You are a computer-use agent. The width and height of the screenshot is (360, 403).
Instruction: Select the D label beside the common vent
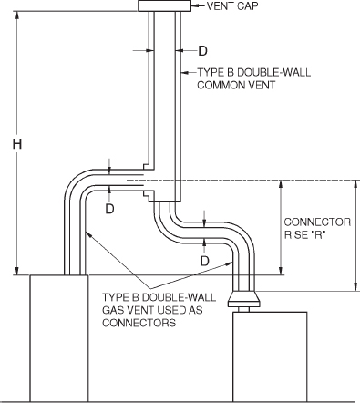coord(202,49)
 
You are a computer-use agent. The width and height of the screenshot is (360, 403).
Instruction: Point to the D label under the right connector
coord(205,261)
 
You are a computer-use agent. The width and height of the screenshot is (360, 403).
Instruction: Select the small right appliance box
coord(264,356)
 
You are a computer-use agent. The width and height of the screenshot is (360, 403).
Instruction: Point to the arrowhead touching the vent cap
coord(194,7)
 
